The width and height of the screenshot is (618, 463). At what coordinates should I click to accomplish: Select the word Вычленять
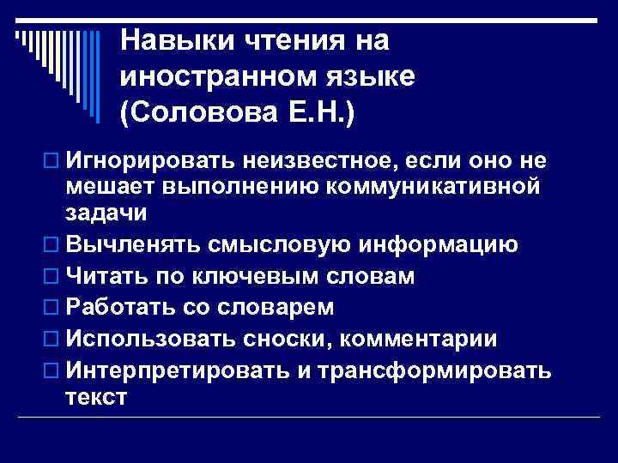click(133, 244)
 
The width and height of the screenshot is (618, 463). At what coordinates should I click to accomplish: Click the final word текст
click(95, 396)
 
